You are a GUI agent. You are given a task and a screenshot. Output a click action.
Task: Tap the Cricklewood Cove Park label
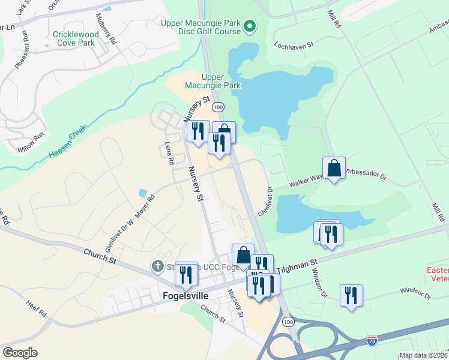[x=74, y=38]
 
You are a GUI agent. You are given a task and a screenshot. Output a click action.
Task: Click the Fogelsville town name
[x=185, y=296]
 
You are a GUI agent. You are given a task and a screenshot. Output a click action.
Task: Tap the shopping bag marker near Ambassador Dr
[x=334, y=168]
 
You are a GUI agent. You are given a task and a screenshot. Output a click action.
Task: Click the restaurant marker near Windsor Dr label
[x=351, y=295]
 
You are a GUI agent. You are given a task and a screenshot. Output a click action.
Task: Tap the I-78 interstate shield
[x=372, y=341]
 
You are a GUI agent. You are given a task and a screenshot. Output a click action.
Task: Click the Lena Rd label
[x=169, y=154]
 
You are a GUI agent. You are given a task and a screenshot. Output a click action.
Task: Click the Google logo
[x=20, y=353]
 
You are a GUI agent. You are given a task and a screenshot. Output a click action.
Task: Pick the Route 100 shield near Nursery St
[x=218, y=106]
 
